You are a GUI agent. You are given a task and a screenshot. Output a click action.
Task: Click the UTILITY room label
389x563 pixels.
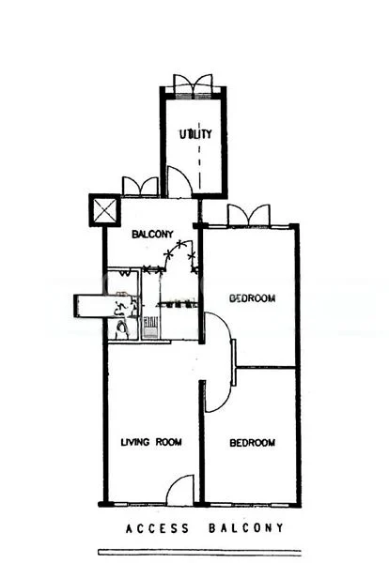(196, 133)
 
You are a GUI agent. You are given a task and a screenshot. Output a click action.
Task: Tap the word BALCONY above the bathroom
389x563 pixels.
(149, 234)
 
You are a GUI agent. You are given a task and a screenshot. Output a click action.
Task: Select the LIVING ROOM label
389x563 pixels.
(150, 441)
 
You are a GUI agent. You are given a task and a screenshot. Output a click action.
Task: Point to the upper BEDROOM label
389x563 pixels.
(253, 298)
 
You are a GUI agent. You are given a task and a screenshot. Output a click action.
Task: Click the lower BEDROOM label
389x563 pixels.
(253, 443)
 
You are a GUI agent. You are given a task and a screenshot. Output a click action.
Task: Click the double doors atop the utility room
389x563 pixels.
(194, 84)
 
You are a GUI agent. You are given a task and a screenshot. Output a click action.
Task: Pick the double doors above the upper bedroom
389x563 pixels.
(249, 216)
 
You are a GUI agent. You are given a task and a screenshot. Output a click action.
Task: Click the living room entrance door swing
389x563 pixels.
(180, 490)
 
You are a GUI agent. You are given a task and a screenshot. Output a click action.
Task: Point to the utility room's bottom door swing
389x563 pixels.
(179, 182)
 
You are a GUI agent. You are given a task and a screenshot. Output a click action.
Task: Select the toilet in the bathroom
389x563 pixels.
(120, 328)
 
